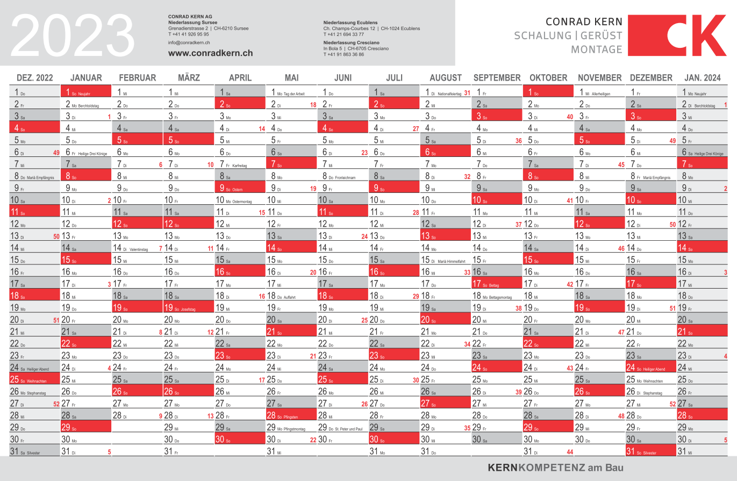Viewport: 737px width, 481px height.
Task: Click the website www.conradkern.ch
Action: coord(210,53)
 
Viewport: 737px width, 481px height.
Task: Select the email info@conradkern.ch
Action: coord(189,42)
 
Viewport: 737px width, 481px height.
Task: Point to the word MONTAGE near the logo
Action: coord(596,49)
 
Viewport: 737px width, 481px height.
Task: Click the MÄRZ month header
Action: coord(188,78)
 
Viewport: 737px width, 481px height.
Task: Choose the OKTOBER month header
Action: coord(548,78)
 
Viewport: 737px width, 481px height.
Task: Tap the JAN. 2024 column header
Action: coord(703,78)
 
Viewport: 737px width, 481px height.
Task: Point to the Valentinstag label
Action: coord(138,249)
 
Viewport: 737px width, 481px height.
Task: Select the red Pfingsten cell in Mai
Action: coord(290,415)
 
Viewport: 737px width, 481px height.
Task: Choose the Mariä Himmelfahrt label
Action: coord(451,261)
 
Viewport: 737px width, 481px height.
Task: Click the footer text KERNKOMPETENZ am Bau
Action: coord(556,468)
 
